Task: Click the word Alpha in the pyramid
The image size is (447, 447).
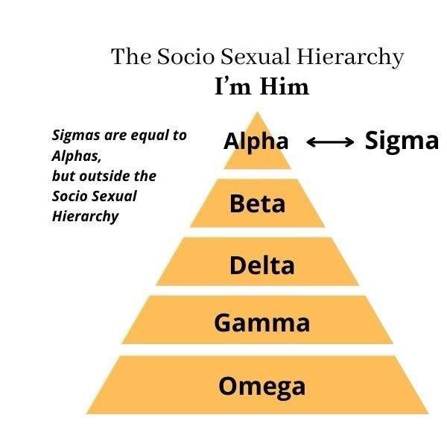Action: click(256, 141)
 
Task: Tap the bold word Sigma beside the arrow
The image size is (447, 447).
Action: click(402, 140)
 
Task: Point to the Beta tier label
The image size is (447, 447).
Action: click(257, 203)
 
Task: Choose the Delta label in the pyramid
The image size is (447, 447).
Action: click(261, 264)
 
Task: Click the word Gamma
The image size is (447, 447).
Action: click(261, 323)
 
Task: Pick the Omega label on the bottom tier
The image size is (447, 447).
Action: click(261, 386)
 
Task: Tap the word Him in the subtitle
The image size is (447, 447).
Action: click(284, 87)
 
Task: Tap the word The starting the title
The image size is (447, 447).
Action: click(130, 57)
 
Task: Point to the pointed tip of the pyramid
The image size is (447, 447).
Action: click(258, 113)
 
